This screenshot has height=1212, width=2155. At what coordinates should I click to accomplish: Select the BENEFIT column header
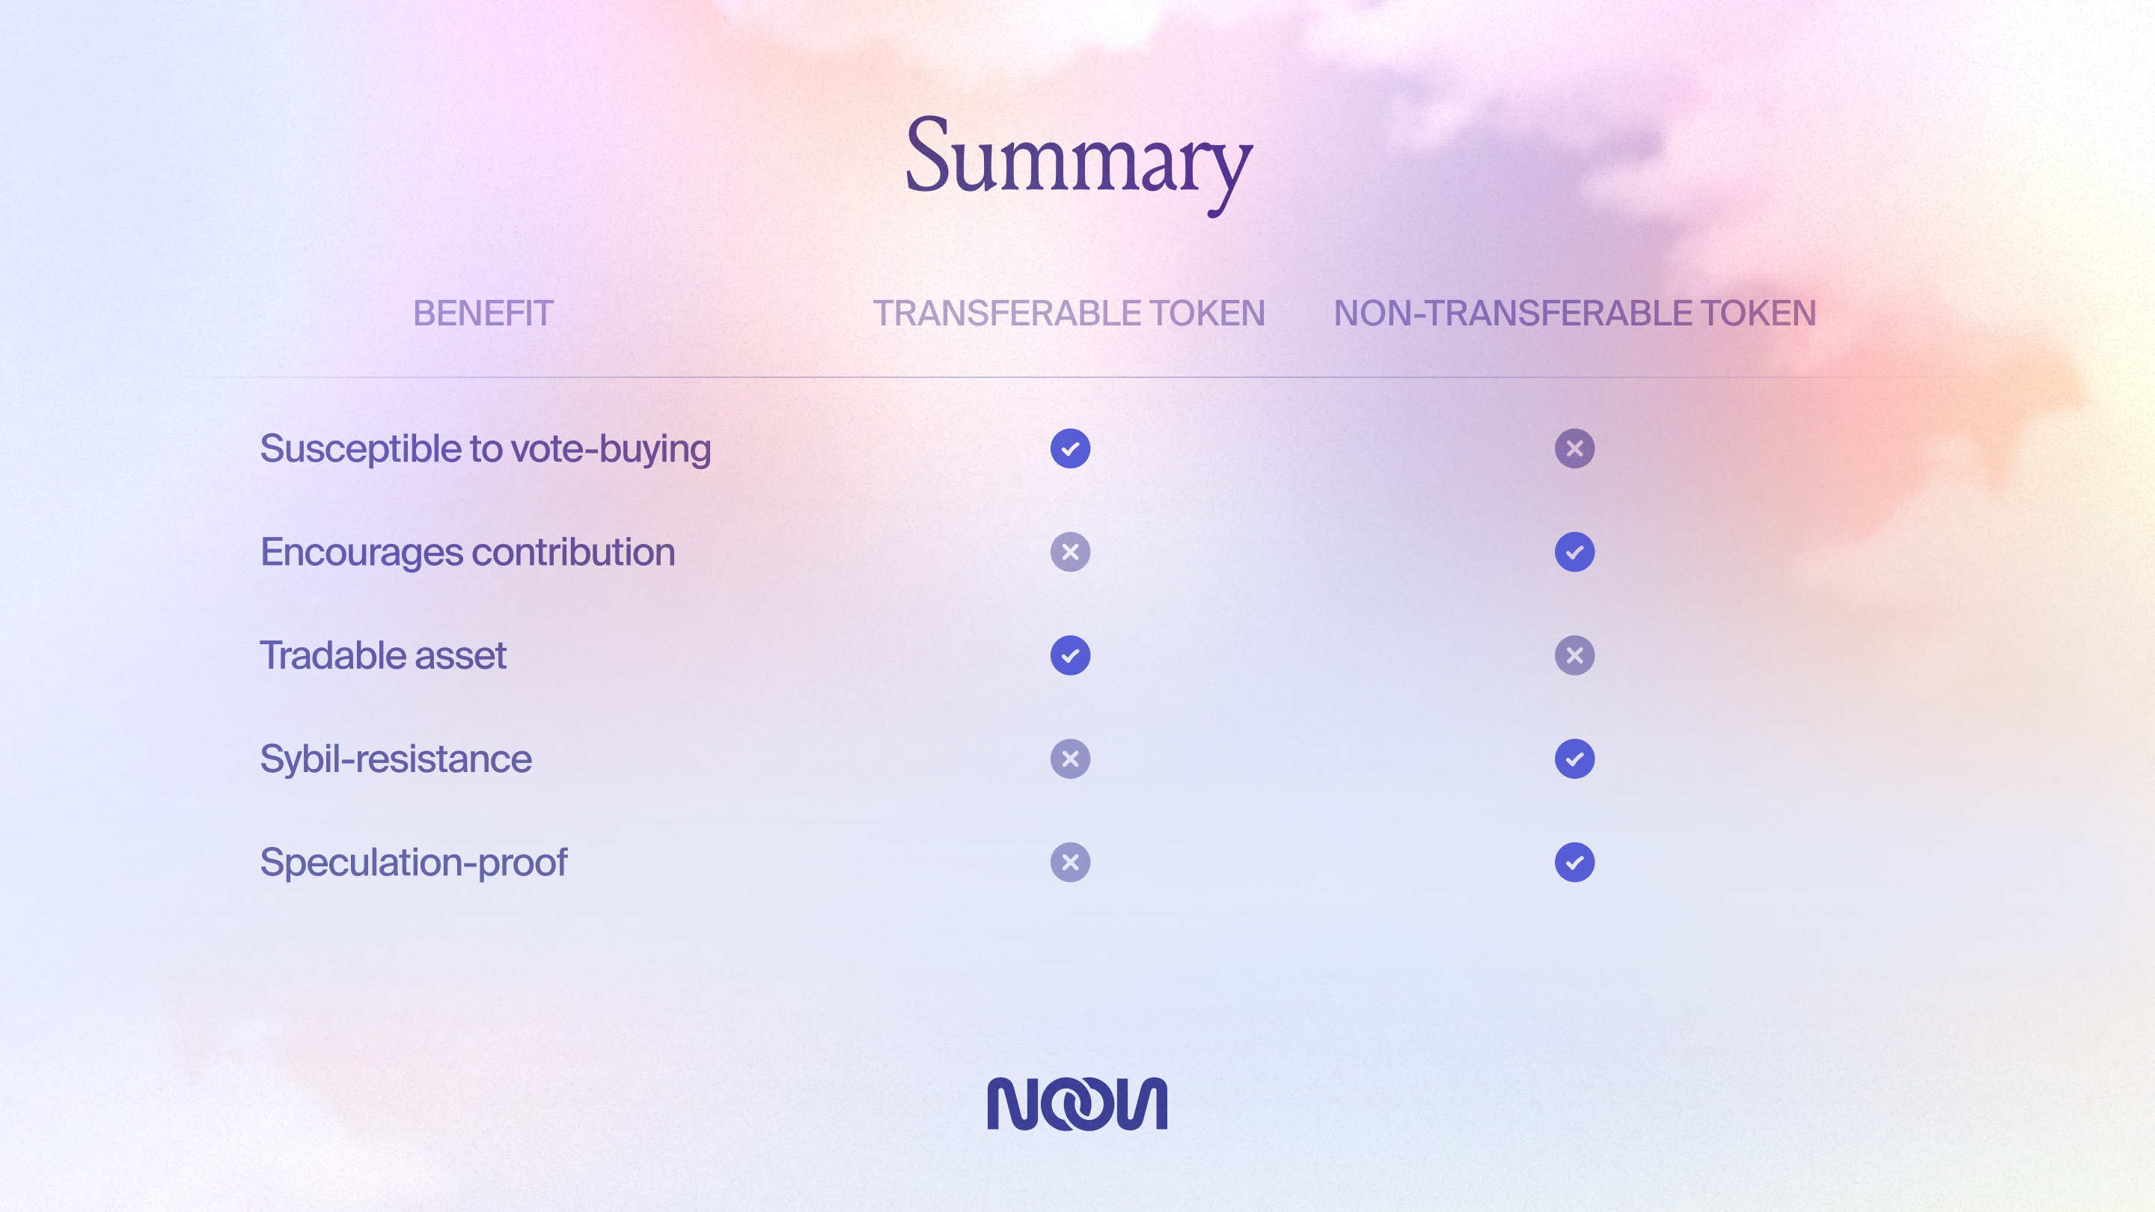pyautogui.click(x=483, y=313)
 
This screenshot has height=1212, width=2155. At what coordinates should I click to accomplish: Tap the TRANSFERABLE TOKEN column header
pyautogui.click(x=1069, y=313)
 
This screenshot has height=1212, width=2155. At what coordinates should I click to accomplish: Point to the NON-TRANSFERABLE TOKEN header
pyautogui.click(x=1574, y=313)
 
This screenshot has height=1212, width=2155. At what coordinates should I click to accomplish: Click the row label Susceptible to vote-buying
pyautogui.click(x=485, y=449)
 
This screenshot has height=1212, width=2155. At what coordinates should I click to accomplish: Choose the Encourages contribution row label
pyautogui.click(x=468, y=552)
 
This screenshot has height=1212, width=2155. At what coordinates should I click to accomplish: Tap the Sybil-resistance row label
pyautogui.click(x=396, y=759)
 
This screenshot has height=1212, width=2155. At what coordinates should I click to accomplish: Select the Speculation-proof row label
pyautogui.click(x=413, y=863)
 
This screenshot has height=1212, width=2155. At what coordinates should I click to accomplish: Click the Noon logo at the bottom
pyautogui.click(x=1077, y=1104)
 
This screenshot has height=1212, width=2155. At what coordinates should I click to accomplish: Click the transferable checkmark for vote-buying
pyautogui.click(x=1070, y=448)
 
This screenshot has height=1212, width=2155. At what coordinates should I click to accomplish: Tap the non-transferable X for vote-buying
pyautogui.click(x=1574, y=448)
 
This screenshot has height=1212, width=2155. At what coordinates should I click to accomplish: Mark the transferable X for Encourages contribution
pyautogui.click(x=1070, y=552)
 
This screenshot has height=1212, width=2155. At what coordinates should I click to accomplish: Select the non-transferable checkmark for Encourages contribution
pyautogui.click(x=1574, y=552)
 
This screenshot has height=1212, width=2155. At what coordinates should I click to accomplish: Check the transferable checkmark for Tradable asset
pyautogui.click(x=1070, y=655)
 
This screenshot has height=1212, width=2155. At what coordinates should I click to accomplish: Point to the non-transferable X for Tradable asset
pyautogui.click(x=1574, y=655)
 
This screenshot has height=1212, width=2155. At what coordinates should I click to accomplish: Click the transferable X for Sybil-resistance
pyautogui.click(x=1070, y=759)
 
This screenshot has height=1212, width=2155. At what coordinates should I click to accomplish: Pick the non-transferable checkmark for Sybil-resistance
pyautogui.click(x=1574, y=759)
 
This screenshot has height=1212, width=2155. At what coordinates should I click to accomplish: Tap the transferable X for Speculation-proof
pyautogui.click(x=1070, y=863)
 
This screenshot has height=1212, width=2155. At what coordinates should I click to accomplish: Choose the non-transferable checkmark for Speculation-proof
pyautogui.click(x=1574, y=863)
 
